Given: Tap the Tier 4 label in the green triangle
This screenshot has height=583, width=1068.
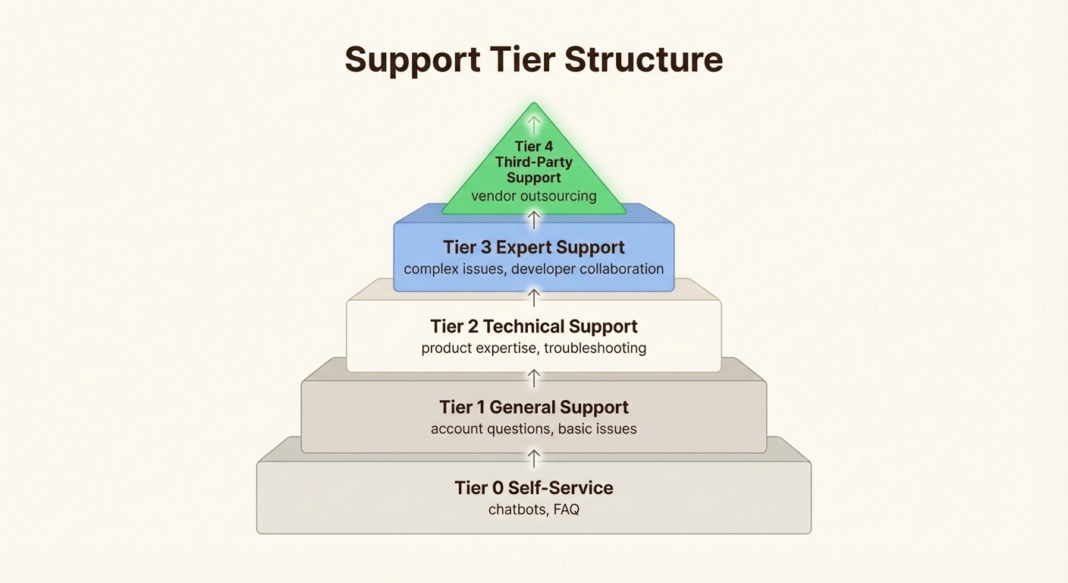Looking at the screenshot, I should click(x=534, y=147).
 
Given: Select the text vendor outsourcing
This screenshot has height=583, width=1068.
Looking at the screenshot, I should click(x=534, y=196).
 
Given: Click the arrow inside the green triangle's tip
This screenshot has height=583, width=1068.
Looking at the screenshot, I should click(x=534, y=124).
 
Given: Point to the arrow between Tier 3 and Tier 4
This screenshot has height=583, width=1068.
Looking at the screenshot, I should click(x=534, y=219).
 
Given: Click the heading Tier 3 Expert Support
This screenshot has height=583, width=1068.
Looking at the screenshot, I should click(x=534, y=247).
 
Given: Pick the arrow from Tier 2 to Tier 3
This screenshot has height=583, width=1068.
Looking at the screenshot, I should click(x=534, y=297).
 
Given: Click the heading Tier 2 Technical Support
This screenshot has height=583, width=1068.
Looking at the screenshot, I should click(x=534, y=326).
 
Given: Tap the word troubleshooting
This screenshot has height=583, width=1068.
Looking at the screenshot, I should click(x=595, y=348).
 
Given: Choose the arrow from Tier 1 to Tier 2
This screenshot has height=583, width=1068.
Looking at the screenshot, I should click(x=534, y=377).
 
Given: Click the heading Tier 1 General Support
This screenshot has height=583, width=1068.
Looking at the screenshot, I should click(x=534, y=407).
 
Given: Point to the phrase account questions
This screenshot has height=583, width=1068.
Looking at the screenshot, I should click(x=490, y=429).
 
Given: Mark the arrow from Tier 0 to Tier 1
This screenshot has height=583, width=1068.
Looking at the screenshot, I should click(x=534, y=458).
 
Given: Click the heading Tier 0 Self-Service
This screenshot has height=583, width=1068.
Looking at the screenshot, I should click(x=534, y=487).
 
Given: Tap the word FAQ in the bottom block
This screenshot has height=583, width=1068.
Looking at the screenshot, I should click(x=567, y=509).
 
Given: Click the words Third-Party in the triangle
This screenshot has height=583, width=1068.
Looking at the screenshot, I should click(x=534, y=162).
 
